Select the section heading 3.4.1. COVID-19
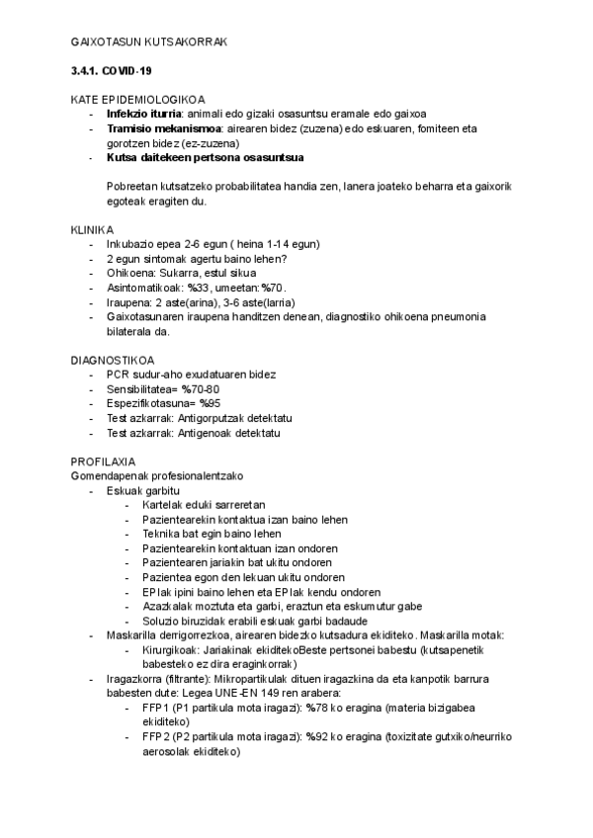point(111,72)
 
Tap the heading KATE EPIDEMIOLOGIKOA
point(137,100)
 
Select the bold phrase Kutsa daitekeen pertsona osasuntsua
point(205,157)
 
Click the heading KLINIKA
point(92,229)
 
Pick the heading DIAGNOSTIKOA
point(112,360)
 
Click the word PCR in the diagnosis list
point(118,375)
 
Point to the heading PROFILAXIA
point(104,461)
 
